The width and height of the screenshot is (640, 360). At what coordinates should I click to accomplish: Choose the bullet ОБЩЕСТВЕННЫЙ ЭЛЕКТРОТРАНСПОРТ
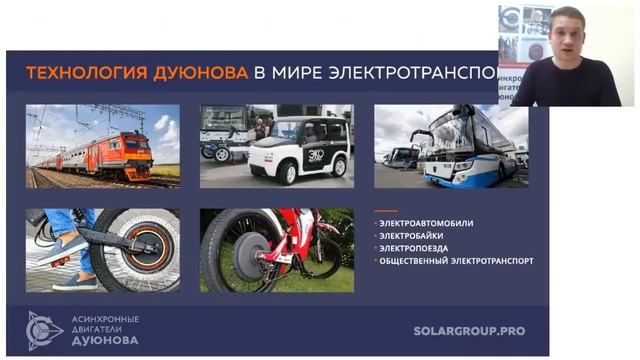pyautogui.click(x=456, y=260)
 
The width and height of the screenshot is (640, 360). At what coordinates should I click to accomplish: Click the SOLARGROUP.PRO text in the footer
pyautogui.click(x=469, y=330)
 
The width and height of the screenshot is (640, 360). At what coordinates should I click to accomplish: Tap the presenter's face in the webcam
pyautogui.click(x=566, y=37)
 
